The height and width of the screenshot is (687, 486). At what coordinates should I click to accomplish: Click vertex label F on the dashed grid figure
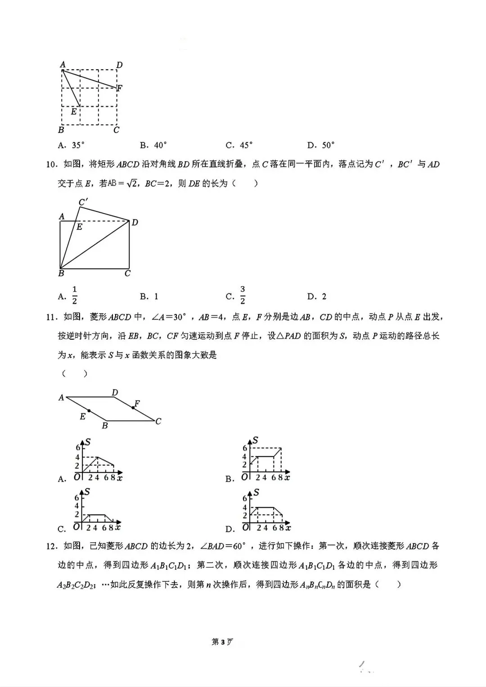[119, 88]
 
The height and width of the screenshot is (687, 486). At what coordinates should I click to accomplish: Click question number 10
[52, 165]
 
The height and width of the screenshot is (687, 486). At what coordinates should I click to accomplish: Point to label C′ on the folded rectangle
[83, 202]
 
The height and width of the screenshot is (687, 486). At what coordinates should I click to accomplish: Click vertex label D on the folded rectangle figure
[135, 222]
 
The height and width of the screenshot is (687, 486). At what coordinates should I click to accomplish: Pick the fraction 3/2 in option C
[243, 295]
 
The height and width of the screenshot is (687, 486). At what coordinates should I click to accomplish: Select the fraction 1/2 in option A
[75, 295]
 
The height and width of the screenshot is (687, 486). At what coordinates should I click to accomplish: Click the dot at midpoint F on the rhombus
[133, 408]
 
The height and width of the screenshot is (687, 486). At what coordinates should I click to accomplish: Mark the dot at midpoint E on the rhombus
[89, 411]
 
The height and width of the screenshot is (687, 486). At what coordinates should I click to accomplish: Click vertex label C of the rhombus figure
[158, 422]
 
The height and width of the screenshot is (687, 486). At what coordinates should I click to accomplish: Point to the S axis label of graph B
[255, 440]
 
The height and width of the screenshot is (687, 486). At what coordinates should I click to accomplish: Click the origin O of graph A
[77, 477]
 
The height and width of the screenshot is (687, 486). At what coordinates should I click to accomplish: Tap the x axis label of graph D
[288, 528]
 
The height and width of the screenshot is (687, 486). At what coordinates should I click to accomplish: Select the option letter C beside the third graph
[62, 529]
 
